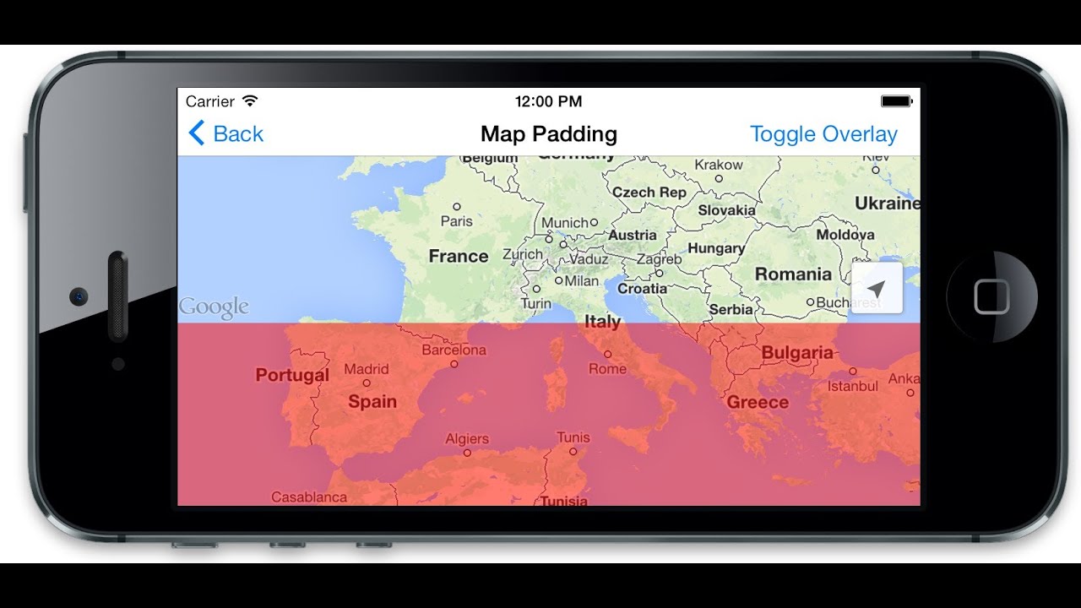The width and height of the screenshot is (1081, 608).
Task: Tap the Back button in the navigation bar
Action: (x=226, y=133)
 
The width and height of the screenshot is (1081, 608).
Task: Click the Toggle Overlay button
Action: (x=823, y=134)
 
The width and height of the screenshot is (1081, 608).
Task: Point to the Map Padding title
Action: (x=549, y=134)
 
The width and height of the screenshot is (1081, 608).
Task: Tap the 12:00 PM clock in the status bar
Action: (x=548, y=101)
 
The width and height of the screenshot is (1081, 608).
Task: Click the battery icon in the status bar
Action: (x=896, y=101)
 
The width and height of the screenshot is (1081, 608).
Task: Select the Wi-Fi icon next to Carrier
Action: (x=249, y=101)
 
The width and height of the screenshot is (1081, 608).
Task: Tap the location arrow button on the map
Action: (x=877, y=289)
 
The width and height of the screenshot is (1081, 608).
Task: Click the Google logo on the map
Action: (x=214, y=307)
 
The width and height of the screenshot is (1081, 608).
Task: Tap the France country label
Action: (x=459, y=256)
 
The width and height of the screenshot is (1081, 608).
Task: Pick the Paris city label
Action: (x=457, y=220)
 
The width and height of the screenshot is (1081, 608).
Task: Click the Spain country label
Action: (x=372, y=401)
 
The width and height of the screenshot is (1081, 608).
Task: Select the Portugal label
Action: (x=292, y=375)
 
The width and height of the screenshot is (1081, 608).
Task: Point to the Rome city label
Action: (x=608, y=368)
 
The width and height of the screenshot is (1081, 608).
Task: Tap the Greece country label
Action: (x=758, y=402)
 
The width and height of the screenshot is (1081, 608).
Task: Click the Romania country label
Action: (x=793, y=274)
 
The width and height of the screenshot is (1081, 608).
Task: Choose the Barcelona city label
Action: (x=454, y=350)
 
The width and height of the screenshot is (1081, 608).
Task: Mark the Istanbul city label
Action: (x=853, y=386)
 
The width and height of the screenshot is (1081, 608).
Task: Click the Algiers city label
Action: (x=467, y=439)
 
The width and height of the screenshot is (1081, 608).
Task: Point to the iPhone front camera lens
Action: (x=79, y=296)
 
